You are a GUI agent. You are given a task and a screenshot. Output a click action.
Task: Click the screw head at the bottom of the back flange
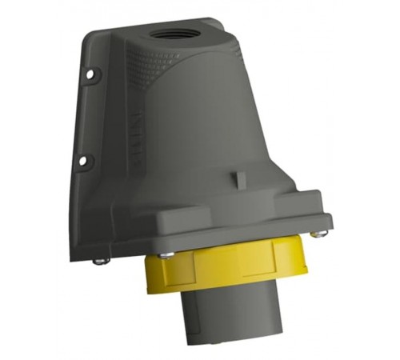pos(98,260)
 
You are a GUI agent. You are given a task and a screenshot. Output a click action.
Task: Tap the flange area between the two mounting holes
pos(88,120)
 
